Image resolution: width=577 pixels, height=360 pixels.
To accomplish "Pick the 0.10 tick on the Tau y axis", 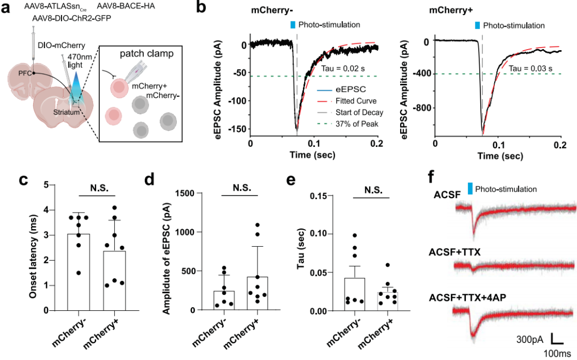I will pyautogui.click(x=316, y=234).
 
